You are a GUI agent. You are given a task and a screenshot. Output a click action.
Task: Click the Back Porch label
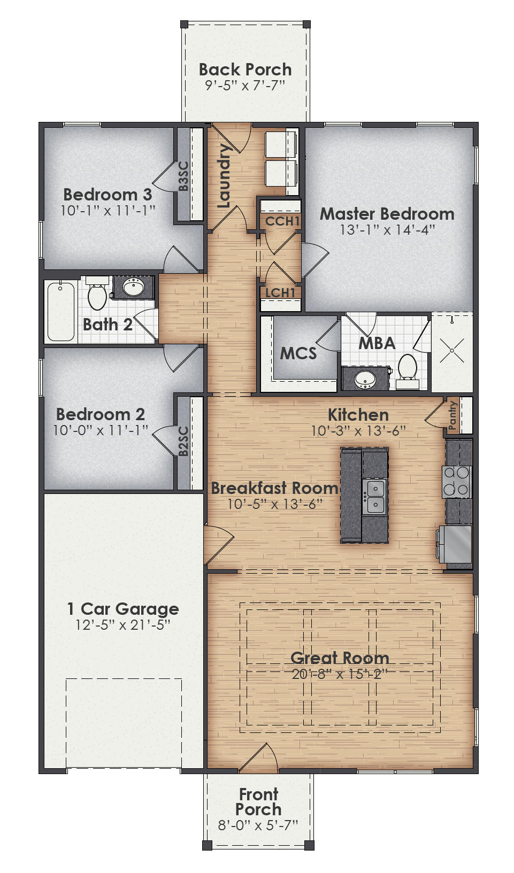(245, 69)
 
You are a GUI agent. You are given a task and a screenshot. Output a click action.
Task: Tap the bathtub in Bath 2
(60, 312)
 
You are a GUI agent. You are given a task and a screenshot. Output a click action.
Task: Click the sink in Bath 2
(133, 288)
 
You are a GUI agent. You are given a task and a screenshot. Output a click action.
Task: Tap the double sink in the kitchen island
(374, 496)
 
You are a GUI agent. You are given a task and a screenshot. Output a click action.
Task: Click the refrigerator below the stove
(455, 544)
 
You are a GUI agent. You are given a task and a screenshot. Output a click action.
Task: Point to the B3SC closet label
(183, 176)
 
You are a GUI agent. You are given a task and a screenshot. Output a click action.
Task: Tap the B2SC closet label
(183, 441)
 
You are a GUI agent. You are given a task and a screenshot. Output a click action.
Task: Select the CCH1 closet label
(282, 221)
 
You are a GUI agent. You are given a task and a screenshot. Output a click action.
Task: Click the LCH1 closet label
(280, 292)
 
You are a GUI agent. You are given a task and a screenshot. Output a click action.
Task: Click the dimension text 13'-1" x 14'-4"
(387, 230)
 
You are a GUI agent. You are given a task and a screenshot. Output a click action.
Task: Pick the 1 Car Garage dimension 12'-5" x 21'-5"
(123, 624)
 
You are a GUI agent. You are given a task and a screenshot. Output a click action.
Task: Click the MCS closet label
(298, 353)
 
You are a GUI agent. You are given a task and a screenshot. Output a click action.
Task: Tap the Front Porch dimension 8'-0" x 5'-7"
(258, 825)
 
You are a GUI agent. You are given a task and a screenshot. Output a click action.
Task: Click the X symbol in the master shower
(452, 351)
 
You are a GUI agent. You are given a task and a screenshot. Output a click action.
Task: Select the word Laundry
(224, 175)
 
